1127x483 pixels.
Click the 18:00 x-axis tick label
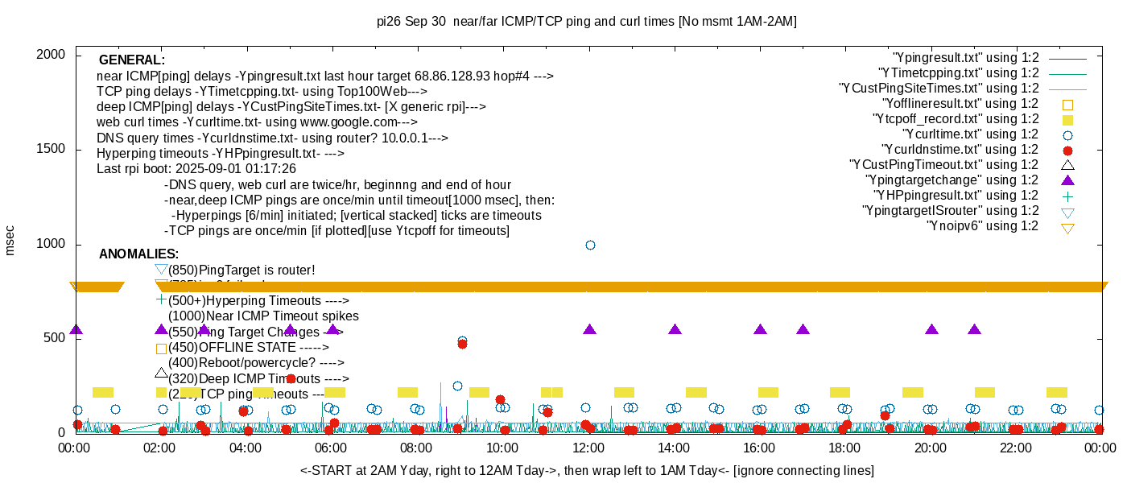(844, 448)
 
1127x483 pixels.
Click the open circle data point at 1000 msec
(590, 245)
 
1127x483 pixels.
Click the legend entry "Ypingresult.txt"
(965, 58)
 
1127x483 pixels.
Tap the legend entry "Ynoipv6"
(982, 226)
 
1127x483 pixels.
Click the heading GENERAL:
(132, 60)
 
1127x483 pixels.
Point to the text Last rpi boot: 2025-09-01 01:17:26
(196, 169)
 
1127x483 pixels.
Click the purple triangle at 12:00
(589, 330)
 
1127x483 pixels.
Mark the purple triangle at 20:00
(931, 330)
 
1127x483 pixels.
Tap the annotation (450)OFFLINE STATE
(249, 348)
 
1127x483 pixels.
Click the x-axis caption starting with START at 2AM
(587, 470)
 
